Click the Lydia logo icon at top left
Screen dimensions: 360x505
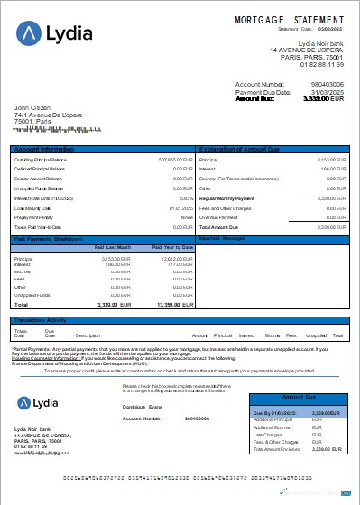click(31, 33)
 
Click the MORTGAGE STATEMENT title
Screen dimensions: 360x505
click(289, 19)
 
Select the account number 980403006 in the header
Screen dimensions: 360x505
click(325, 84)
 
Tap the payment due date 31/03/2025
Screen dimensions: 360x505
click(328, 91)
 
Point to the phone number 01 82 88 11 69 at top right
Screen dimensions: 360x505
click(322, 65)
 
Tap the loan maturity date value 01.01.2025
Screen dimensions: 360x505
click(181, 208)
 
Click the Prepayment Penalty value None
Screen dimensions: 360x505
click(187, 217)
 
